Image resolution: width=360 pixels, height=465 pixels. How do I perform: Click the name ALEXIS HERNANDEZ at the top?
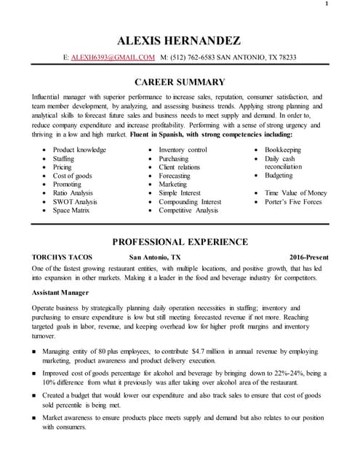(180, 40)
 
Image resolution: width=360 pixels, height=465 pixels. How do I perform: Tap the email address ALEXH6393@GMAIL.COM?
(113, 57)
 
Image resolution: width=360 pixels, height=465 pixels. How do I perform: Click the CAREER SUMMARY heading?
(180, 81)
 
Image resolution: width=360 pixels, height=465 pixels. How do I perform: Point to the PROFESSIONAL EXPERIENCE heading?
(180, 241)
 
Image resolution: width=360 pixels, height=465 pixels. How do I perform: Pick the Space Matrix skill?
(71, 210)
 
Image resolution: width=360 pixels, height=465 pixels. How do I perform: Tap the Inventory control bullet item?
(183, 150)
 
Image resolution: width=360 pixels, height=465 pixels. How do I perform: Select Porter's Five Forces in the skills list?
(293, 201)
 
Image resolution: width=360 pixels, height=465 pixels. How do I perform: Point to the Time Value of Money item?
(296, 193)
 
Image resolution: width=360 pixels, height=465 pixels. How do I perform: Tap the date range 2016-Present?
(308, 258)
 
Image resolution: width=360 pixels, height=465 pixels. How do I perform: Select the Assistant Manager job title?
(60, 292)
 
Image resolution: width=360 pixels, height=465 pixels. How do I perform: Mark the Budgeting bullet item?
(279, 176)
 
